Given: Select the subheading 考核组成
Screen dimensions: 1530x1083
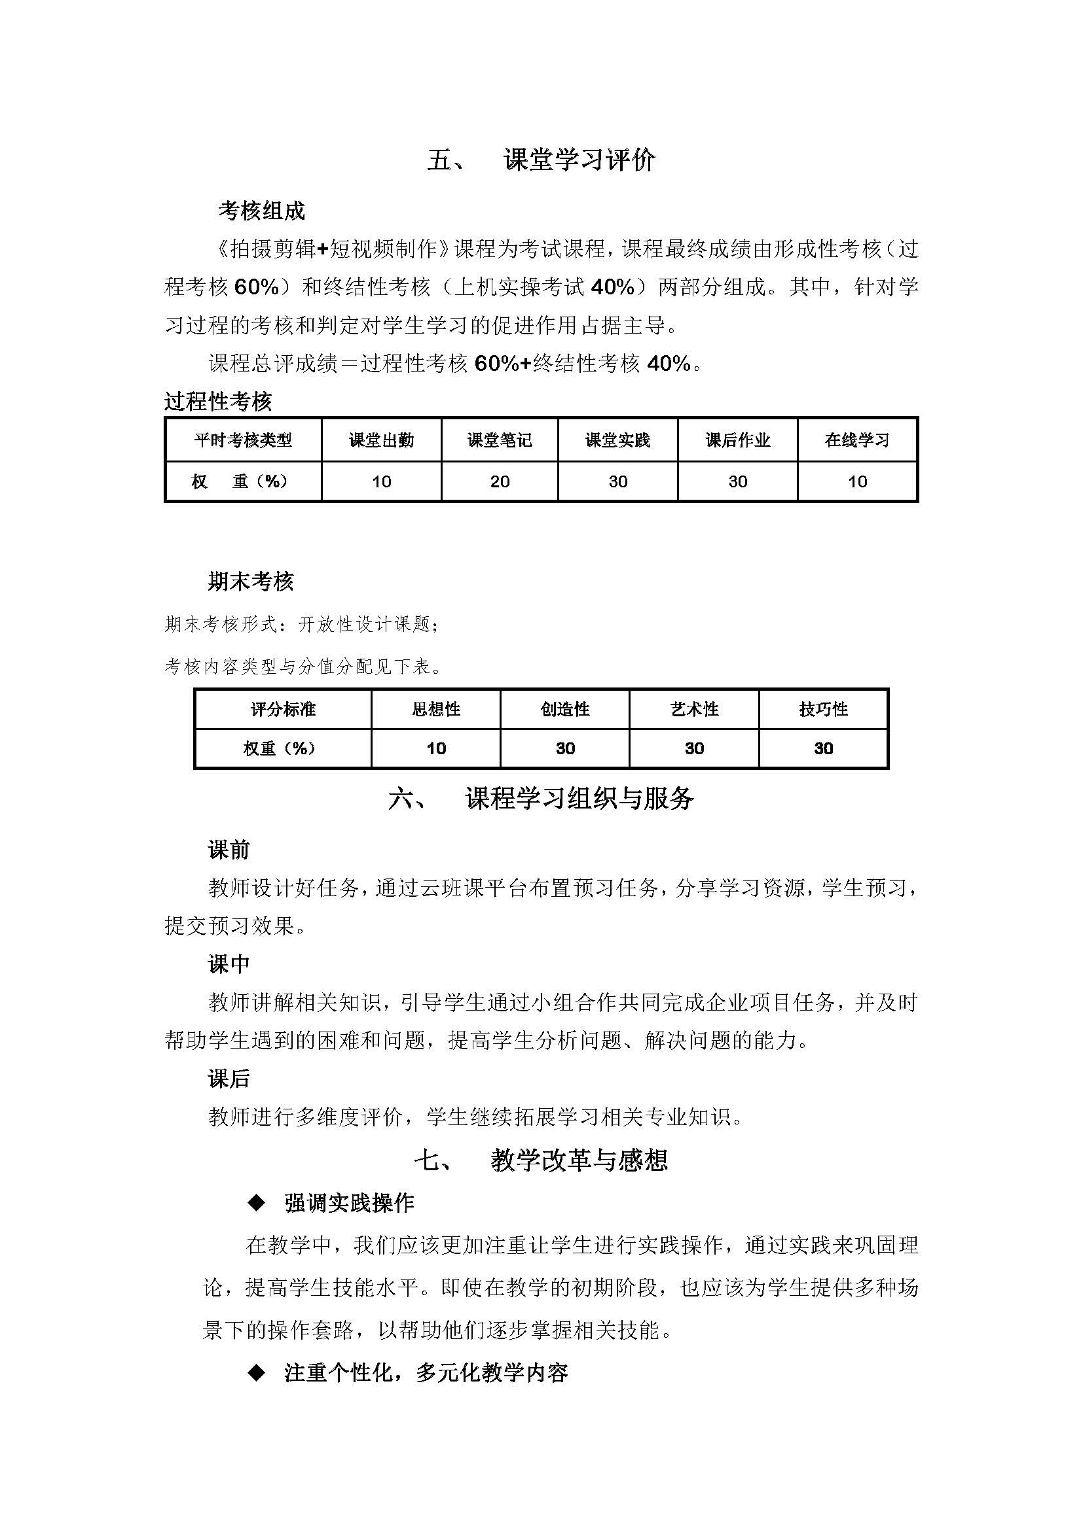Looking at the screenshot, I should pyautogui.click(x=261, y=211).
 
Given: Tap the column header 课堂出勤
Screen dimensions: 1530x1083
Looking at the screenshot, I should pyautogui.click(x=381, y=440).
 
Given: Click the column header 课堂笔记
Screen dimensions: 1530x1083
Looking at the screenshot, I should pyautogui.click(x=500, y=440).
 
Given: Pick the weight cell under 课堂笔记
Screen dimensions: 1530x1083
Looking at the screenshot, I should pyautogui.click(x=500, y=482).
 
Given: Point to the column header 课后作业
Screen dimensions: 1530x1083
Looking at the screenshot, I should pyautogui.click(x=737, y=440).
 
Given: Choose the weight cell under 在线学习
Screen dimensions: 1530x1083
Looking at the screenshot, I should pyautogui.click(x=857, y=482).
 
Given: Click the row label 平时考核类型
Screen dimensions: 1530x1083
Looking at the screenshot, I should pyautogui.click(x=243, y=440).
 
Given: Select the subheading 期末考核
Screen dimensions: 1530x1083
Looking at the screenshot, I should pyautogui.click(x=251, y=582).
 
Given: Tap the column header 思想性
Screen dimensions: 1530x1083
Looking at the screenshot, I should pyautogui.click(x=435, y=709).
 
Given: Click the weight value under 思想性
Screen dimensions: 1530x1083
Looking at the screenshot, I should pyautogui.click(x=435, y=748).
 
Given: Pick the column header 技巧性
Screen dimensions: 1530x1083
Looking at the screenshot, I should pyautogui.click(x=823, y=709).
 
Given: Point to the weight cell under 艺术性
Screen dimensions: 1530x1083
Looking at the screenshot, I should pyautogui.click(x=694, y=748).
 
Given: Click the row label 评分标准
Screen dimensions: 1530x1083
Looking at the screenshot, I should pyautogui.click(x=283, y=709).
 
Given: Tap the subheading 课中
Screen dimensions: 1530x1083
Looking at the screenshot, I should pyautogui.click(x=229, y=964).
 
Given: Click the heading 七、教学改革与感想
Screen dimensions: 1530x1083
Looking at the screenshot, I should pyautogui.click(x=541, y=1160).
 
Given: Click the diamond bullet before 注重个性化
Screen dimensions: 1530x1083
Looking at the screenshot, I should pyautogui.click(x=256, y=1374).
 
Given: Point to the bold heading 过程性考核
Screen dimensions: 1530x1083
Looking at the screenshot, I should pyautogui.click(x=218, y=402).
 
